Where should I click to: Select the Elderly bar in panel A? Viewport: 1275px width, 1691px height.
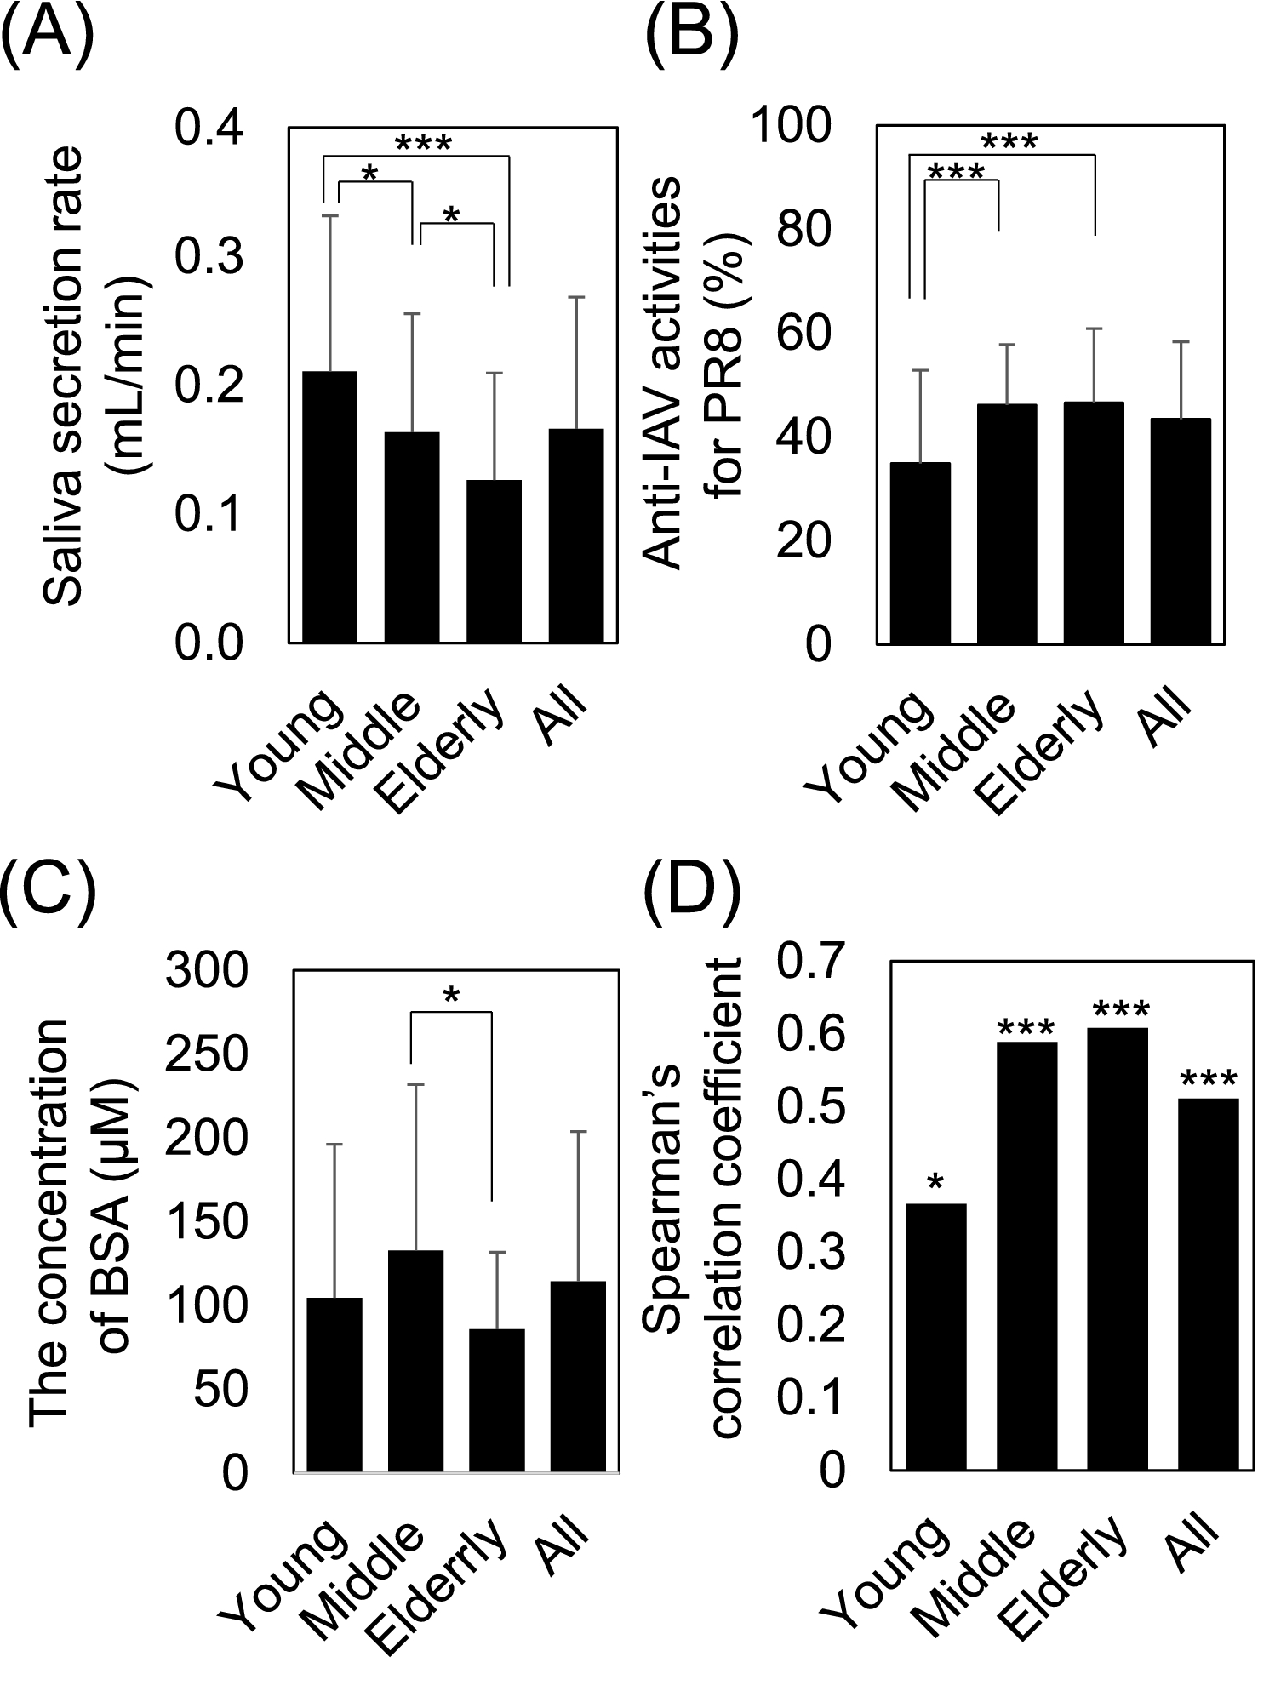[x=494, y=561]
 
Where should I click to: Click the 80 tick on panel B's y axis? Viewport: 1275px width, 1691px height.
[x=802, y=231]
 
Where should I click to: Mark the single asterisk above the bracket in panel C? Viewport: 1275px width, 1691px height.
[x=452, y=995]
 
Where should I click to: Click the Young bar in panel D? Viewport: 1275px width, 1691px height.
[x=936, y=1337]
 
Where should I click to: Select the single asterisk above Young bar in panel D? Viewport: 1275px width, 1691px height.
[x=935, y=1183]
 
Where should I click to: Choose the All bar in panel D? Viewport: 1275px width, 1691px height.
[x=1208, y=1284]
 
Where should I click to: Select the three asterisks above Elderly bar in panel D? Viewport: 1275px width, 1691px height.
[x=1118, y=1011]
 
